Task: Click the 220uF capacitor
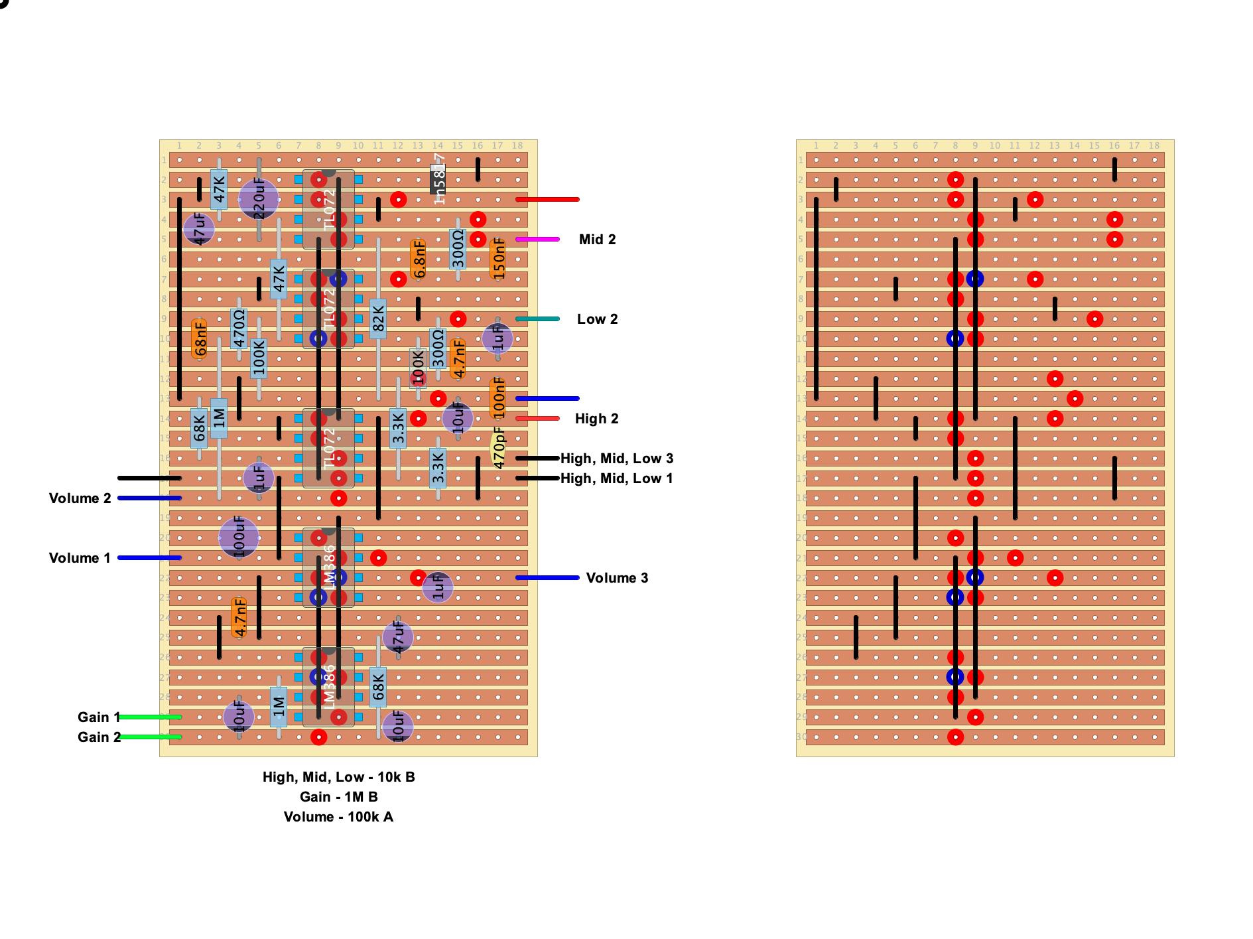click(x=259, y=198)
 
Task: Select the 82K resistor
click(x=378, y=319)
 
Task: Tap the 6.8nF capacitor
click(x=419, y=259)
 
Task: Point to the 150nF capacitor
click(x=498, y=259)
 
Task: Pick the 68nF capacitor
click(x=199, y=338)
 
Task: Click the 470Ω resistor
click(x=239, y=328)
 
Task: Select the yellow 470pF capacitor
click(x=498, y=448)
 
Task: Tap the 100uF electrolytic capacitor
click(x=239, y=537)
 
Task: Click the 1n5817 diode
click(x=438, y=179)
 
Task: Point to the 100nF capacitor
click(x=498, y=398)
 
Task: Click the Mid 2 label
click(x=597, y=240)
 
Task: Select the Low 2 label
click(x=597, y=319)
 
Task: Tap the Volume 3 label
click(x=617, y=578)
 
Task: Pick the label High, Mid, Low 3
click(x=617, y=459)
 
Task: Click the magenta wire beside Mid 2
click(x=537, y=239)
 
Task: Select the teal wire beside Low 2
click(x=537, y=319)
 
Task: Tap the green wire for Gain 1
click(x=150, y=717)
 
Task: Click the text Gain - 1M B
click(x=338, y=797)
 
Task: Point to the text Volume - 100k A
click(x=338, y=817)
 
